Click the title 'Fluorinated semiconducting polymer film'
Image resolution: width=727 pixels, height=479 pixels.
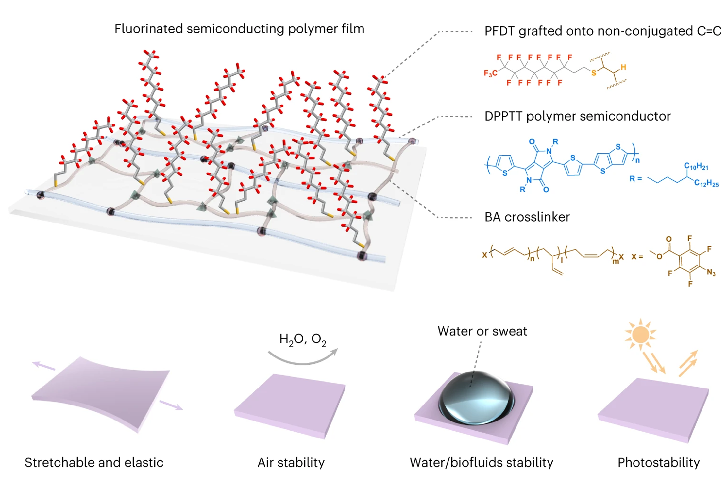coord(239,29)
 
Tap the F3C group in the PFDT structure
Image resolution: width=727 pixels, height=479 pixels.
coord(490,73)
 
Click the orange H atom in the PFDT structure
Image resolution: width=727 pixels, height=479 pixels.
coord(623,67)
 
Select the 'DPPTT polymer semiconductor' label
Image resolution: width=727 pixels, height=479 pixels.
coord(577,116)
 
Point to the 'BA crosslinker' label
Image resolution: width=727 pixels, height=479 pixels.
coord(527,217)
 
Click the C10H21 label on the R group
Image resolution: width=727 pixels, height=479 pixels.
coord(696,166)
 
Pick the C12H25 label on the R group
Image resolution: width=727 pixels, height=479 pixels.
coord(706,183)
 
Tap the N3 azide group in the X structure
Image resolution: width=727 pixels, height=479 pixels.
coord(711,272)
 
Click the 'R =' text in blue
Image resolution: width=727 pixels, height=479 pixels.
coord(635,179)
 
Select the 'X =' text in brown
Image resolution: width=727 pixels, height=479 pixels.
coord(637,257)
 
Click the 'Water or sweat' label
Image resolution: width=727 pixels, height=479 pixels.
coord(482,331)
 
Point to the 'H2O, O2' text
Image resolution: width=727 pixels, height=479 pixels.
coord(302,339)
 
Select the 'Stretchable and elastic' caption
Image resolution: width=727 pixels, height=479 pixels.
coord(94,462)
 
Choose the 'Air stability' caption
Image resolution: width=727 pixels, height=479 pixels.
coord(291,462)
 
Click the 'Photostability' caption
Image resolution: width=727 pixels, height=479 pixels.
coord(658,462)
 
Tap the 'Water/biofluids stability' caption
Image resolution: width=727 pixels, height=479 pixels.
coord(481,462)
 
